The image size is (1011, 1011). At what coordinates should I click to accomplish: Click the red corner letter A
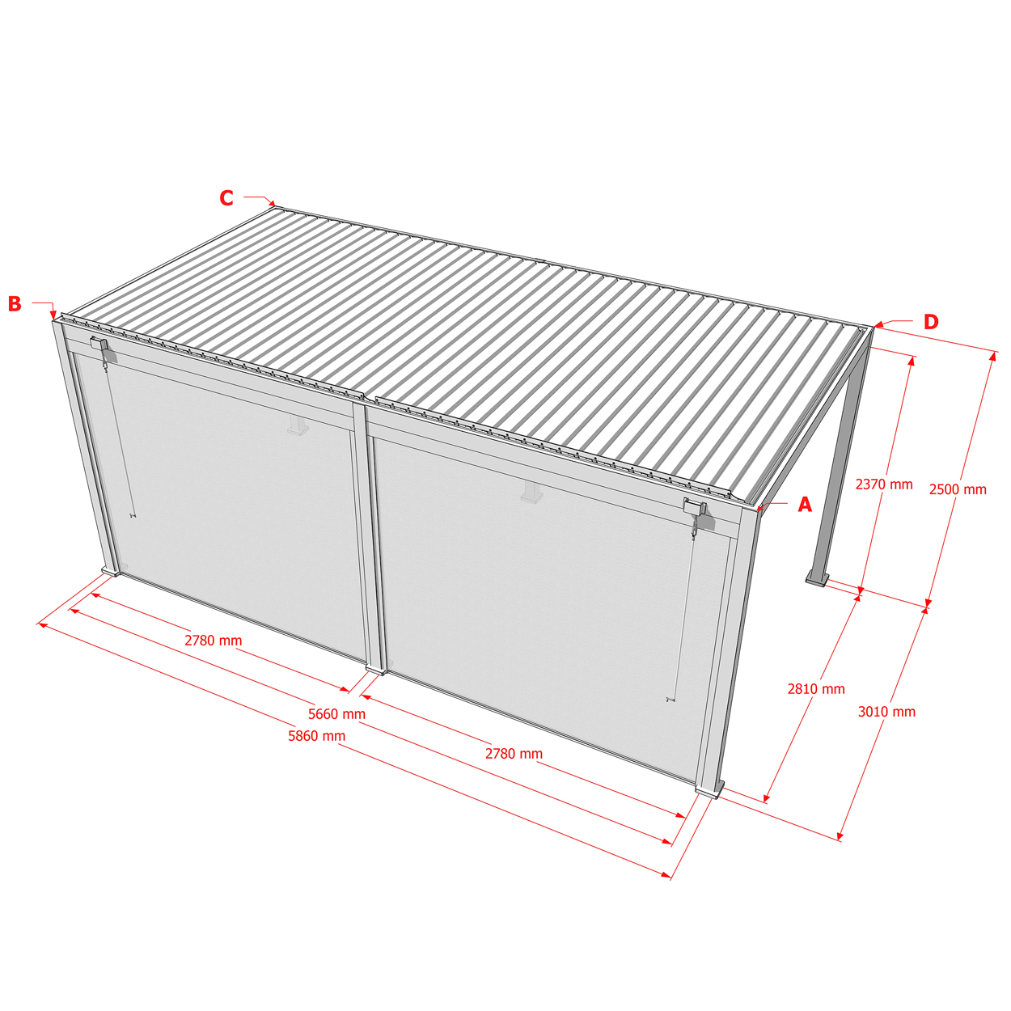tap(804, 505)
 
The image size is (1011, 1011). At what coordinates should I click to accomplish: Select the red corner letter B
tap(15, 304)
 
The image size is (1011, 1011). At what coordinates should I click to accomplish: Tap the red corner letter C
tap(226, 198)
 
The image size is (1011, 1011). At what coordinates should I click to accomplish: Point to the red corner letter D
tap(931, 322)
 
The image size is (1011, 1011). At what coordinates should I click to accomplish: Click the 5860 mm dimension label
tap(316, 736)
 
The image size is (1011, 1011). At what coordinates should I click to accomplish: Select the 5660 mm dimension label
tap(336, 714)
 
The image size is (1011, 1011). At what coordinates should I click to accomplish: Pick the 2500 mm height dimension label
tap(958, 489)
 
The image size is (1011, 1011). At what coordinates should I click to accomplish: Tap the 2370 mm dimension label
tap(884, 484)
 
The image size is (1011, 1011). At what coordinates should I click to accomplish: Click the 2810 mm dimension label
tap(816, 689)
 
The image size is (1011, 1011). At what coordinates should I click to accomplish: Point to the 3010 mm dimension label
tap(886, 712)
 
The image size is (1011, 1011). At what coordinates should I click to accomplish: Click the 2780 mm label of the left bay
tap(213, 641)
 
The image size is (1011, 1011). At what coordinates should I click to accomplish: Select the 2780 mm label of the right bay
tap(514, 754)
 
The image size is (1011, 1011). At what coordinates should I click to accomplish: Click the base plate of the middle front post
tap(375, 670)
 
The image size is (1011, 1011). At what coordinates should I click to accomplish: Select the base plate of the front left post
tap(110, 571)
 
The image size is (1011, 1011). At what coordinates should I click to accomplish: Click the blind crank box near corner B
tap(99, 345)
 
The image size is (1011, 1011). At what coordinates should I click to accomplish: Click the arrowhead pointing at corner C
tap(272, 203)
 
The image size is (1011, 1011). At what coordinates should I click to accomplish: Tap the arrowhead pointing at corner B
tap(53, 315)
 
